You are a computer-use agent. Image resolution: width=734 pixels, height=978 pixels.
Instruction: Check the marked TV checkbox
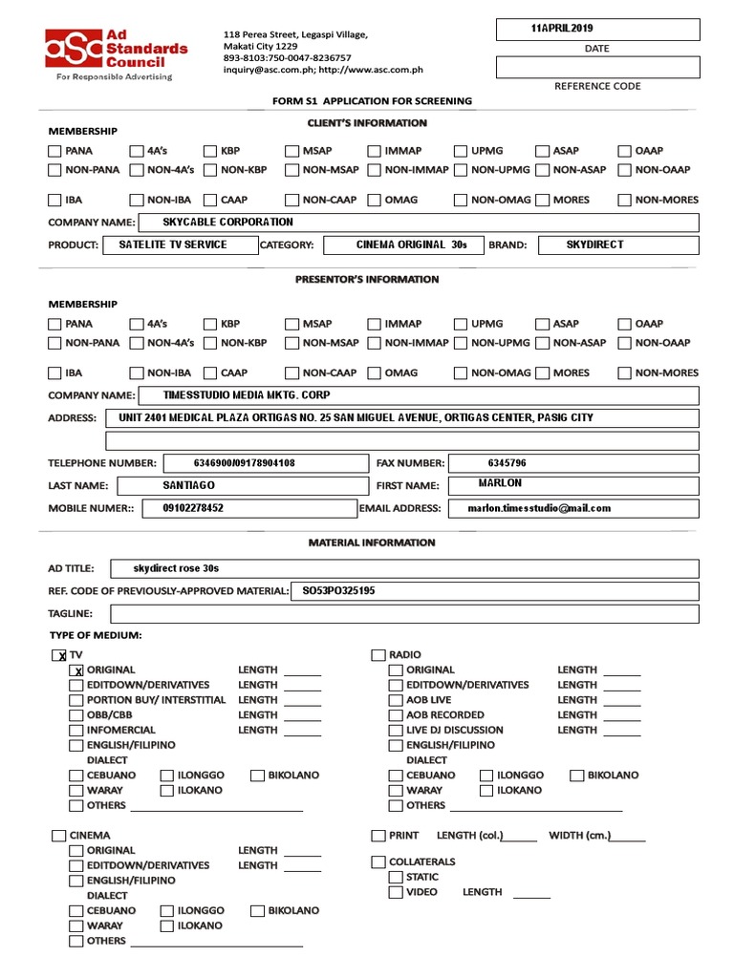(x=59, y=655)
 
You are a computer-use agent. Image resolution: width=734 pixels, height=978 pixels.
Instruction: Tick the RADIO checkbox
(x=378, y=655)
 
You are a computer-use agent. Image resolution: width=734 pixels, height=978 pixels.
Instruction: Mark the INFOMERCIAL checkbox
(x=76, y=730)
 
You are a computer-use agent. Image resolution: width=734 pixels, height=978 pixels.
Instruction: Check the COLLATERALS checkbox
(x=378, y=862)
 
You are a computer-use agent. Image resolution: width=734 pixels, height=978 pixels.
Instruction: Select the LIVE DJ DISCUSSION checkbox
(x=396, y=730)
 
